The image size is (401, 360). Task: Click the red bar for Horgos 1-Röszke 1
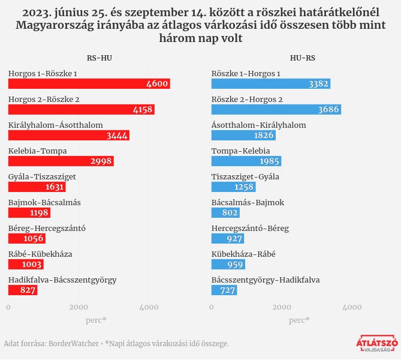tap(89, 84)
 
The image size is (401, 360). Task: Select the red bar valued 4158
tap(81, 110)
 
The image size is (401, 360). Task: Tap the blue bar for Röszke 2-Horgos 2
tap(276, 110)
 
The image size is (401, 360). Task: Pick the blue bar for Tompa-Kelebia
tap(246, 161)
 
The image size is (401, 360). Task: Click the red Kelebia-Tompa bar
tap(61, 161)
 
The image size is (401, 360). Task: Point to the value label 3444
tap(117, 136)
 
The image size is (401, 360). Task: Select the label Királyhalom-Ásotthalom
tap(56, 125)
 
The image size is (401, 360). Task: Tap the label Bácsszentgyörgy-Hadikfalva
tap(266, 280)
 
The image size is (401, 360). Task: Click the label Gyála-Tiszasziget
tap(42, 176)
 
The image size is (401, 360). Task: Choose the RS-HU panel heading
tap(99, 58)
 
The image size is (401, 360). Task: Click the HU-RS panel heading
tap(302, 58)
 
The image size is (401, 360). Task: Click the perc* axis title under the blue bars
tap(299, 320)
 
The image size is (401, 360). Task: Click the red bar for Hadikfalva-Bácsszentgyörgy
tap(23, 290)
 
